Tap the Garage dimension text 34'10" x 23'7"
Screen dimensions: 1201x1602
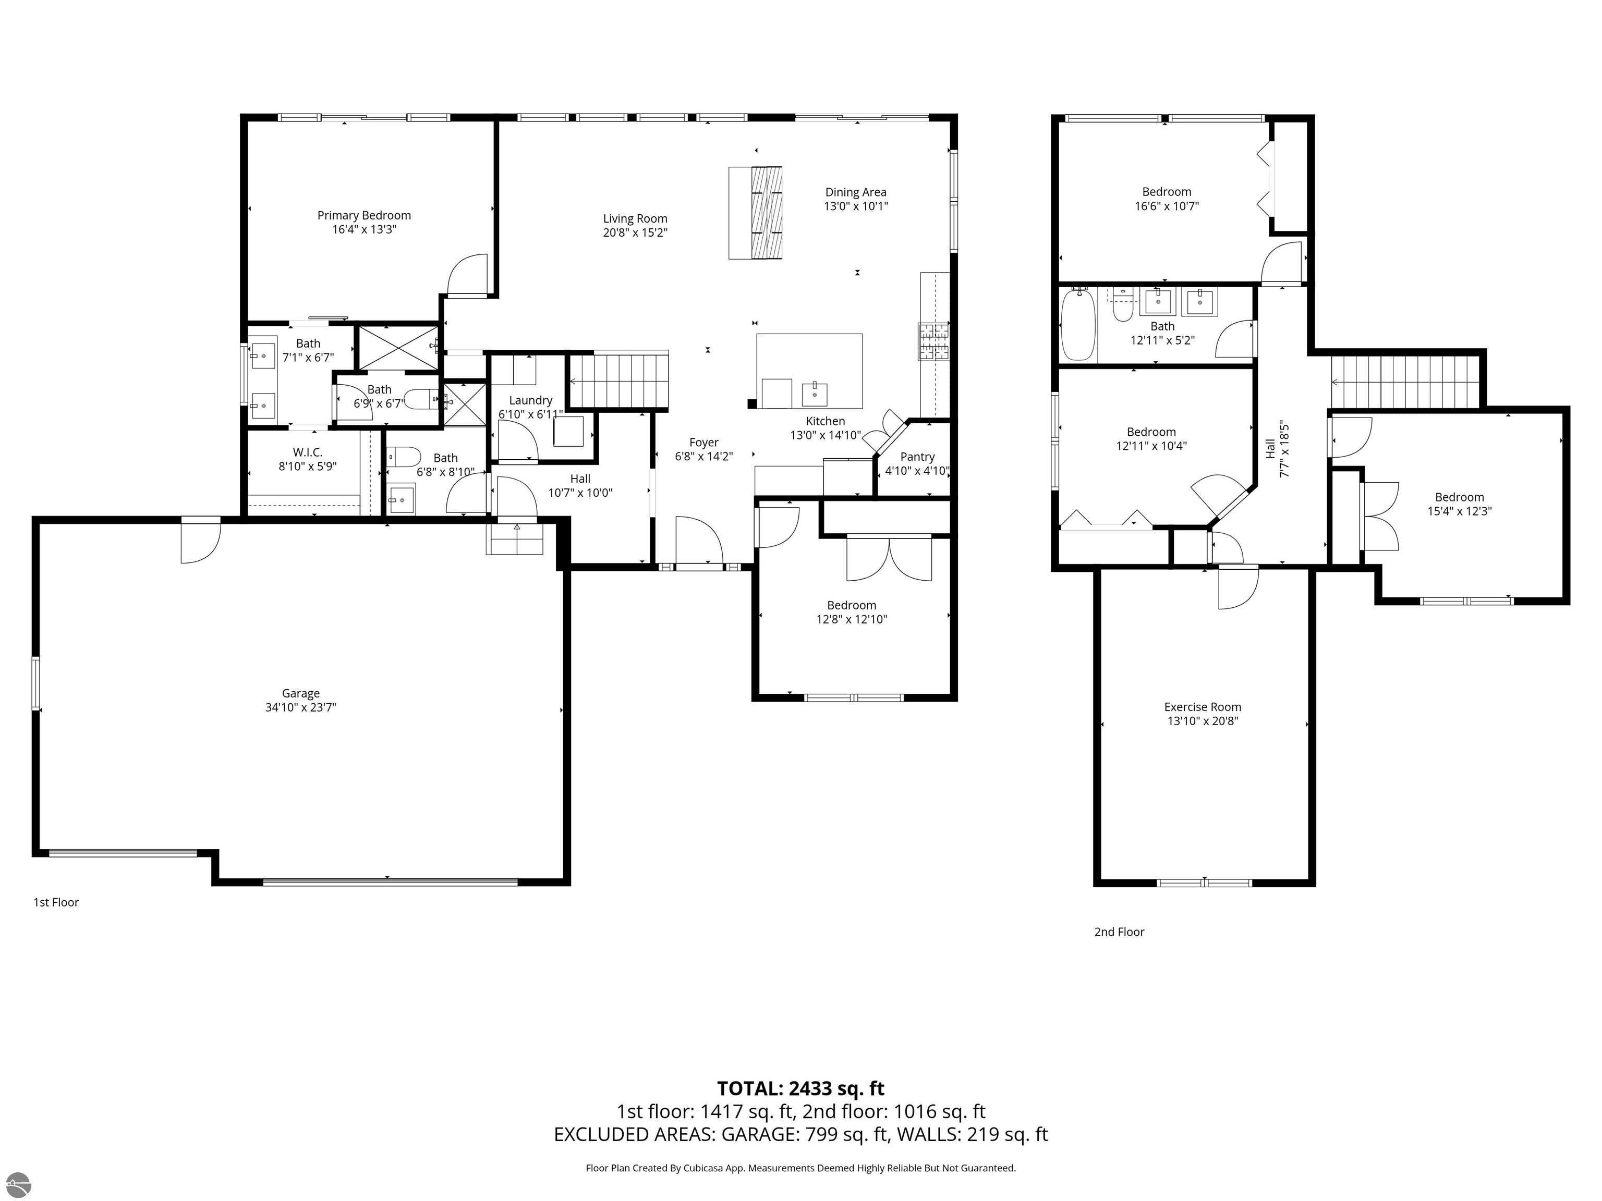coord(300,707)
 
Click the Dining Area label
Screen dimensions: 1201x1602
coord(855,192)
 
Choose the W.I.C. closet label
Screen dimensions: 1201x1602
coord(307,452)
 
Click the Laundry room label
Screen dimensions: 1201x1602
coord(530,400)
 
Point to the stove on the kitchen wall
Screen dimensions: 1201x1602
coord(933,341)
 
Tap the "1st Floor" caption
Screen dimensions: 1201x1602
coord(56,902)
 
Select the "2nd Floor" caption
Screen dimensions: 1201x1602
coord(1119,932)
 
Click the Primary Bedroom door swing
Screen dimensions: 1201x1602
coord(468,275)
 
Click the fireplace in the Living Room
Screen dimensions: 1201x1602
coord(756,213)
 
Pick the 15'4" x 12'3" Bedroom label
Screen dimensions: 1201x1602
coord(1459,497)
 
